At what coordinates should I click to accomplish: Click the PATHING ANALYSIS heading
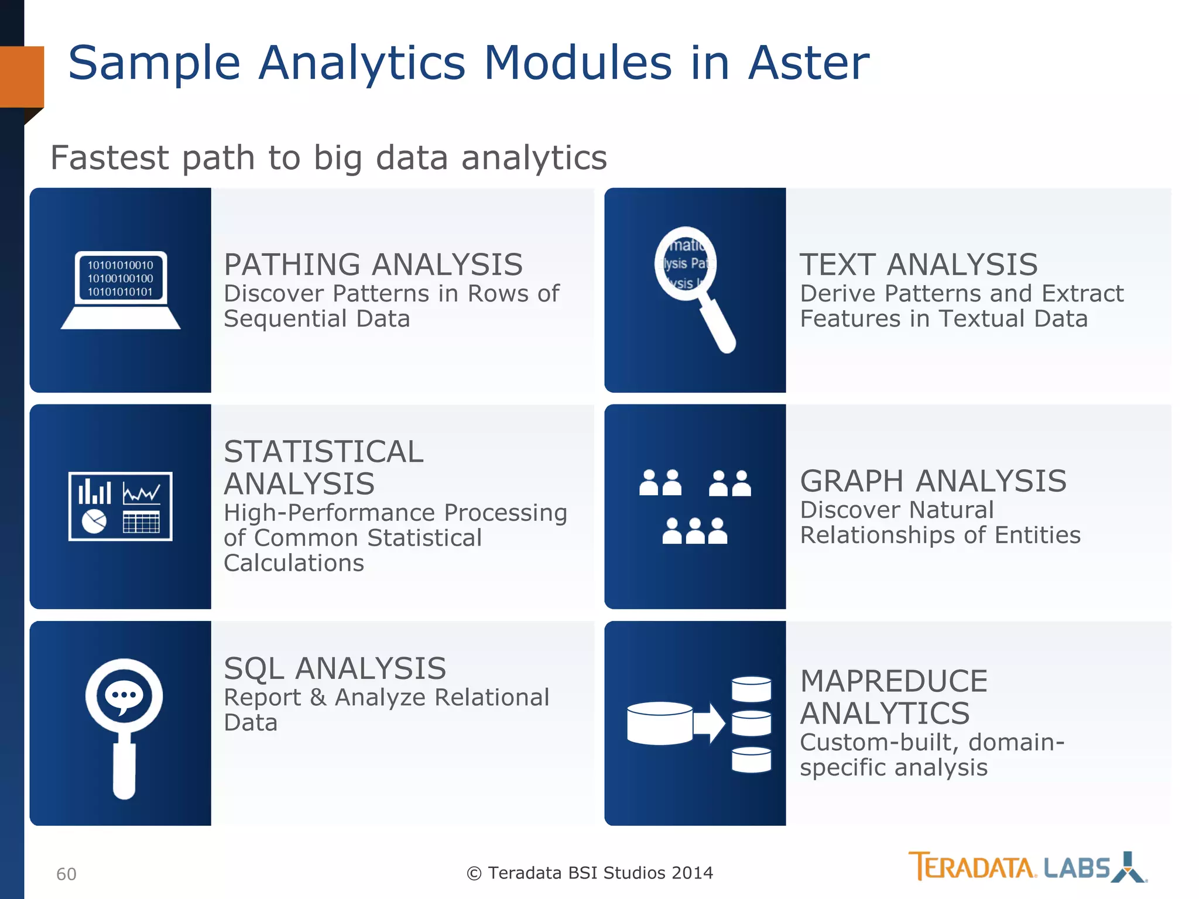(373, 265)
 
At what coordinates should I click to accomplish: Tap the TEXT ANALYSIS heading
(919, 265)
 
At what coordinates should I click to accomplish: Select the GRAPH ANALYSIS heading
(933, 481)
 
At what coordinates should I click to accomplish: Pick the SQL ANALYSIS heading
(335, 668)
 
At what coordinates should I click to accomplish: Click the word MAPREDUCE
(893, 681)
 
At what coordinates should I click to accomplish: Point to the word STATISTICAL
(323, 452)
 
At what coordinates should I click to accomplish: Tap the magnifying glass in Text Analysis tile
(694, 287)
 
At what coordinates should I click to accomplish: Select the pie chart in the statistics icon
(94, 521)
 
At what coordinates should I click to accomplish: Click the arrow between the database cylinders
(709, 723)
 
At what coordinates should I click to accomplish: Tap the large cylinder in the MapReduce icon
(659, 723)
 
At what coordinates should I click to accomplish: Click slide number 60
(66, 874)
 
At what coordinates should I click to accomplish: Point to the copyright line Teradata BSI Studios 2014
(590, 873)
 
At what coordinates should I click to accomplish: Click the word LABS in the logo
(1077, 868)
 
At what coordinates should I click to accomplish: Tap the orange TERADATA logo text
(972, 867)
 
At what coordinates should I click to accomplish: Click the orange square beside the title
(22, 77)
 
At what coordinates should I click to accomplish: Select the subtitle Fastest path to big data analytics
(328, 157)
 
